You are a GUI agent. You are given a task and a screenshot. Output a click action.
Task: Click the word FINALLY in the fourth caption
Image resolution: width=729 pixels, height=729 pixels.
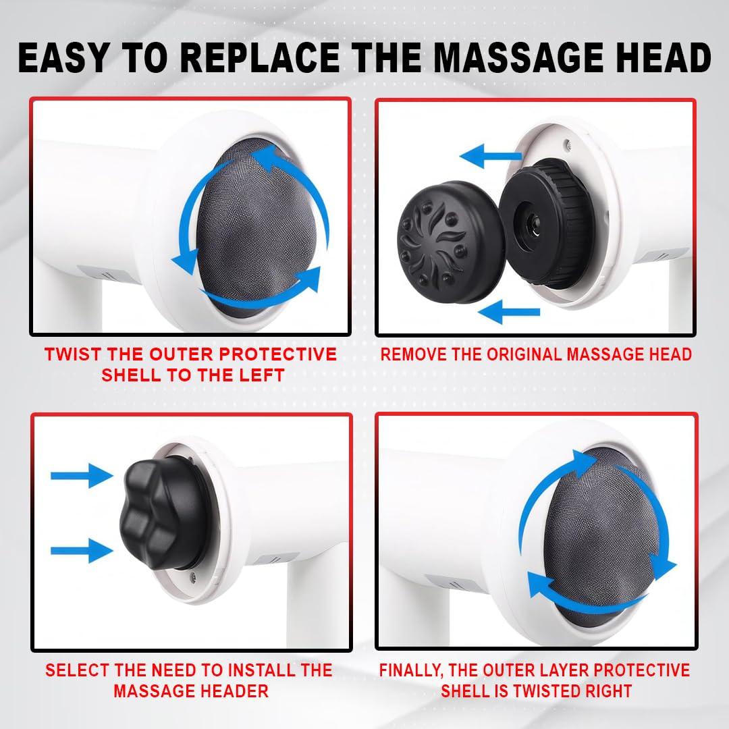[414, 670]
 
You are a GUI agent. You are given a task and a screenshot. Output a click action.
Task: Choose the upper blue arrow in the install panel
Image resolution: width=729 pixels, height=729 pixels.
[82, 475]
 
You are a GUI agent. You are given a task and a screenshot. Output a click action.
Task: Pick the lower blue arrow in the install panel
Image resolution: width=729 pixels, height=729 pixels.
[82, 549]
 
